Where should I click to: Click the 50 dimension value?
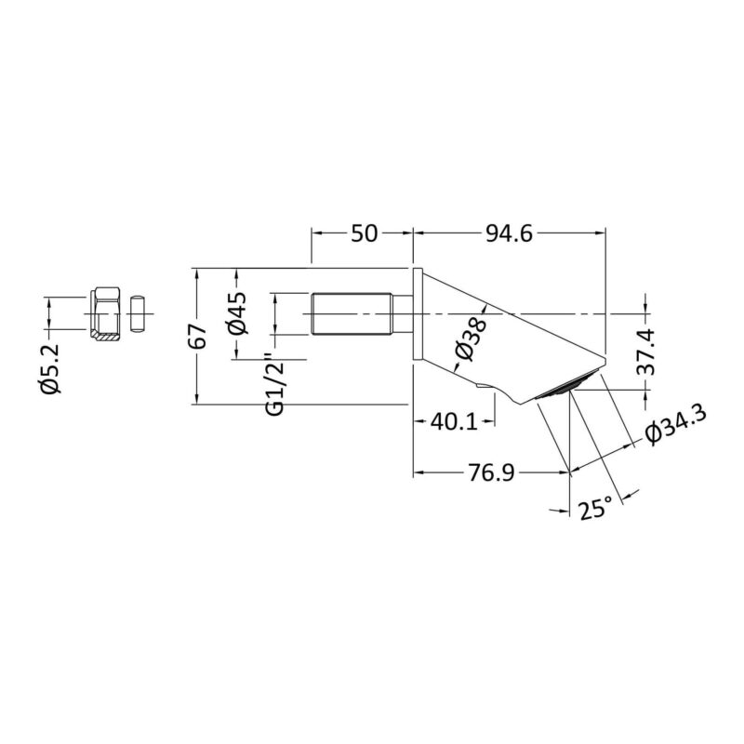point(364,233)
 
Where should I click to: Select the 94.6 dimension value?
point(509,233)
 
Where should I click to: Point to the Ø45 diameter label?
point(238,313)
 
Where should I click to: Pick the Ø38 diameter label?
point(471,339)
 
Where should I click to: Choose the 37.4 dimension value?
point(645,352)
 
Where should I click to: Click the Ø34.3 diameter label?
point(675,424)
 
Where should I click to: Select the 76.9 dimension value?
point(491,472)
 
